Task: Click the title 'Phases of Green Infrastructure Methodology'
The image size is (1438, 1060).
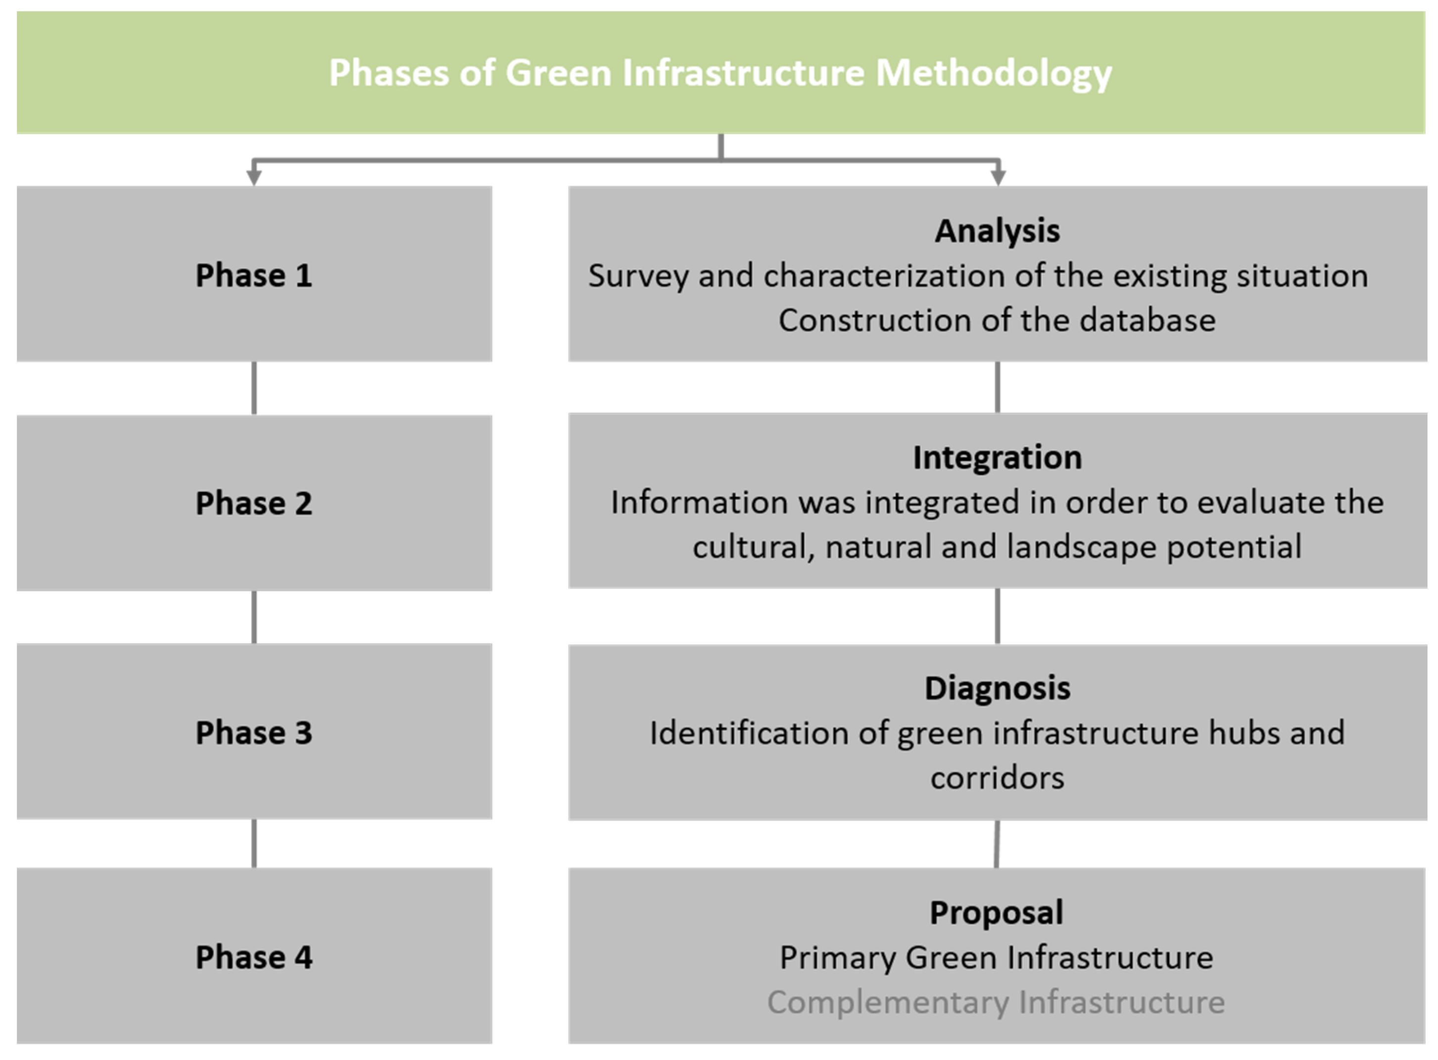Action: tap(720, 73)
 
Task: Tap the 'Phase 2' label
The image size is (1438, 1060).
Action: tap(254, 503)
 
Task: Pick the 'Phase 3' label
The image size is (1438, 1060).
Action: tap(254, 733)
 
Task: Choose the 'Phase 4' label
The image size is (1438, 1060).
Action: tap(254, 958)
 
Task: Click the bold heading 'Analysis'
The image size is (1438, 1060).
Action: tap(997, 232)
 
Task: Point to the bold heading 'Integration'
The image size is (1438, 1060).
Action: tap(997, 457)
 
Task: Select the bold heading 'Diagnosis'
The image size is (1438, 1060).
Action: tap(997, 688)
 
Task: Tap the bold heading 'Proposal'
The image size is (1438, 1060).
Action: tap(997, 913)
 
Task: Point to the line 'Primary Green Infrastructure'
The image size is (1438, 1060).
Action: tap(997, 958)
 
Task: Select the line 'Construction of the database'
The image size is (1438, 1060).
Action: tap(997, 320)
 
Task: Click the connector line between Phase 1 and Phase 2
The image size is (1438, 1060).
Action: tap(254, 388)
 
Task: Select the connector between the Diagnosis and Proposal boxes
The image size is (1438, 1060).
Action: tap(997, 844)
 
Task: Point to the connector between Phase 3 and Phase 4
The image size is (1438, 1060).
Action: tap(254, 844)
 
